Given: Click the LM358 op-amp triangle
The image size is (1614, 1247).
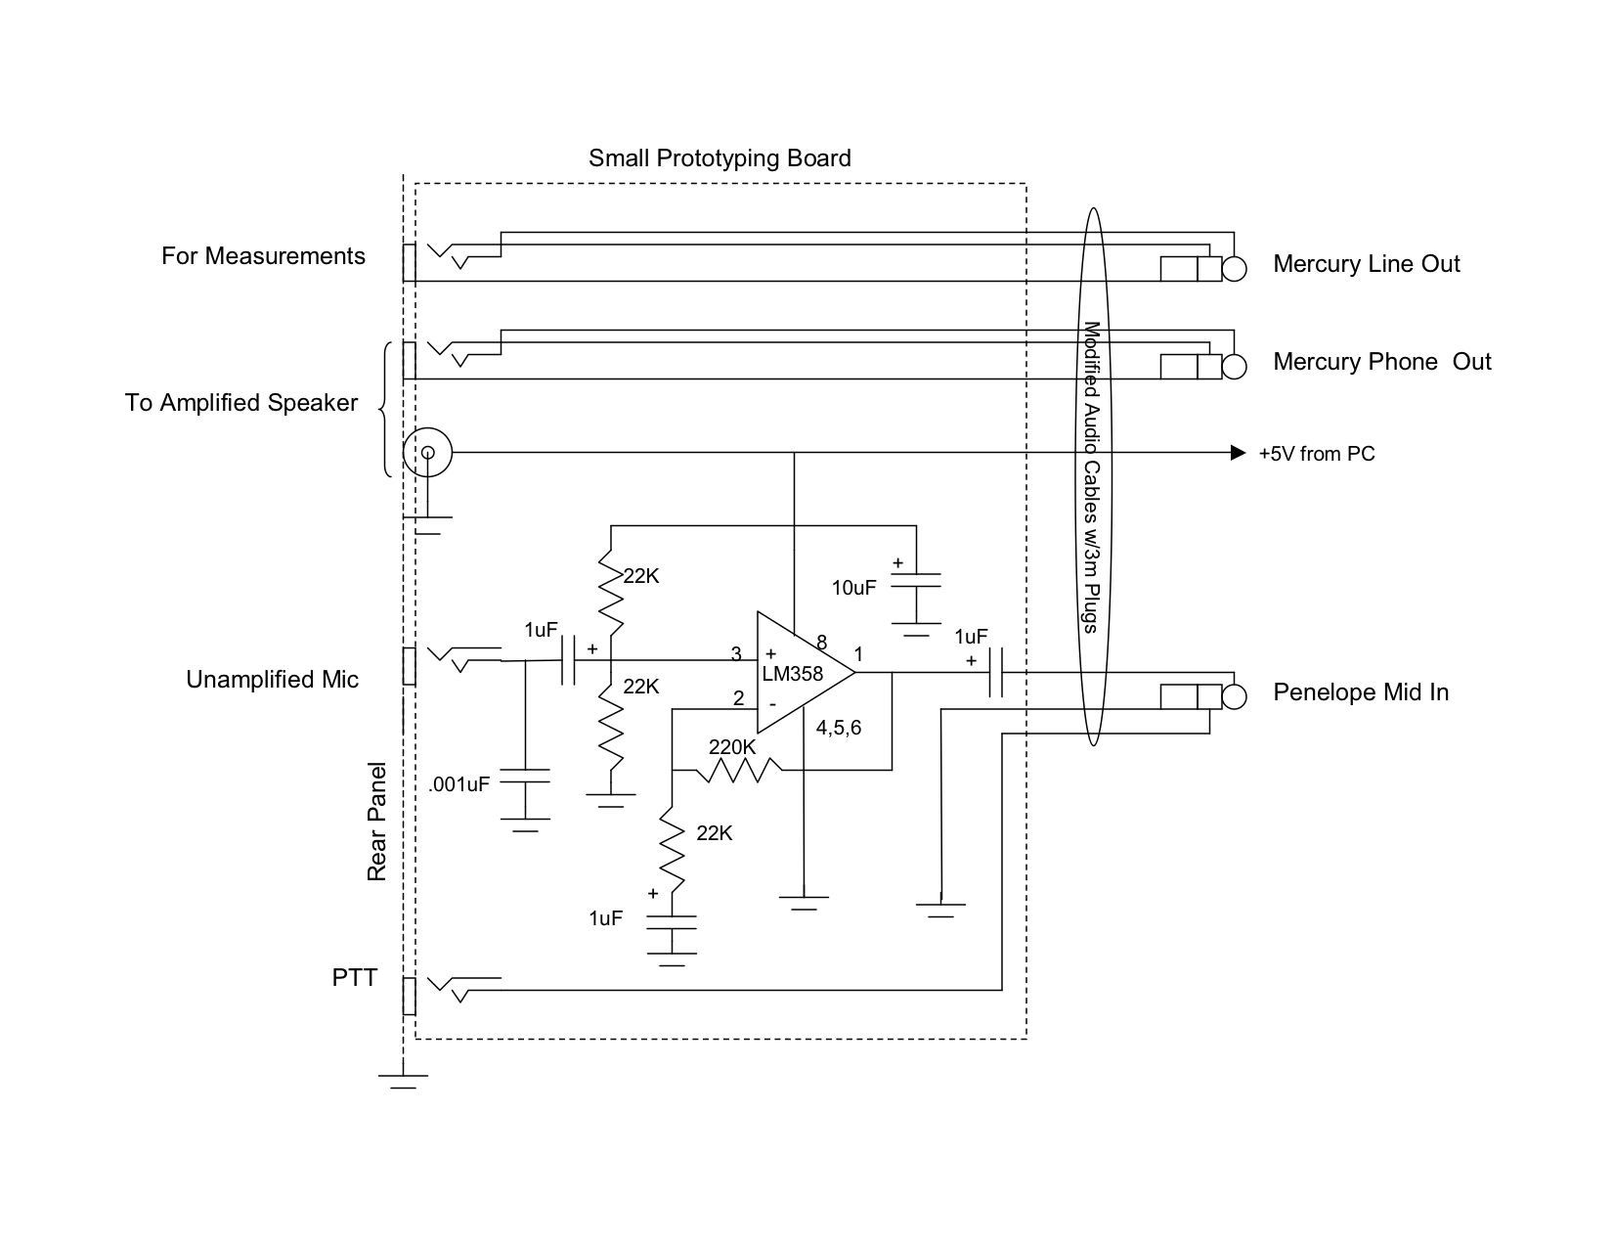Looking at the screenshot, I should pos(802,673).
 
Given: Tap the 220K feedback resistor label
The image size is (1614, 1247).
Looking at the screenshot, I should pos(732,747).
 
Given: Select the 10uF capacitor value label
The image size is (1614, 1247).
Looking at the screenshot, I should pos(853,588).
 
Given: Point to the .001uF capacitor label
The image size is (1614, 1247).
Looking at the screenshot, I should pos(458,783).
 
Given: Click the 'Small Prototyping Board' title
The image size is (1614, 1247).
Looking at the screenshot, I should pos(720,158).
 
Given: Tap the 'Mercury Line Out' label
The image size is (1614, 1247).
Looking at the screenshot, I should pos(1366,264).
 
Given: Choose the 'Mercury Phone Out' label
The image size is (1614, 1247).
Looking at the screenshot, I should pos(1381,362).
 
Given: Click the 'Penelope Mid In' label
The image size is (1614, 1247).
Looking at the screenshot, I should pos(1360,692).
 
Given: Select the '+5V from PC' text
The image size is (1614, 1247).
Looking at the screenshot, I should pos(1316,454).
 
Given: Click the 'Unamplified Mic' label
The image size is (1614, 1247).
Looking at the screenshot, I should pos(272,680).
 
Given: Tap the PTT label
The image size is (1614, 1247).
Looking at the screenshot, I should pos(354,977).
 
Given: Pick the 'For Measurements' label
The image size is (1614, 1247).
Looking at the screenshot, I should pos(263,256).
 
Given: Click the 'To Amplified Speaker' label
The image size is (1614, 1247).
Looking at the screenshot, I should pos(241,403).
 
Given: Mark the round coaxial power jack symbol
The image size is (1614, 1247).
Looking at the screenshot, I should pos(427,453).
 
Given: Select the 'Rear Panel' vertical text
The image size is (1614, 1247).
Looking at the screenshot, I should pos(377,822).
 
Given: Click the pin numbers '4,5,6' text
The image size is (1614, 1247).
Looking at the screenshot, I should pos(839,728).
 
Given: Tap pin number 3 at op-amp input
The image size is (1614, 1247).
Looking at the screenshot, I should pos(736,654).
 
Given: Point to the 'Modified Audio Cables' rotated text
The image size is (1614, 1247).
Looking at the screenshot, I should pos(1093,477).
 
